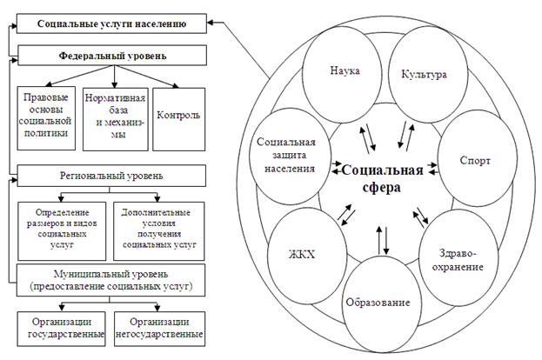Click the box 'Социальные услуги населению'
pos(110,20)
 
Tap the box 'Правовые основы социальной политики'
pos(48,113)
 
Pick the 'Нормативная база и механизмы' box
pos(116,113)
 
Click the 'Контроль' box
pos(177,114)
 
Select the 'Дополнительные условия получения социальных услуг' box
pos(158,228)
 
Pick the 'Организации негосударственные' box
pos(158,327)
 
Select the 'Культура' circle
pos(424,74)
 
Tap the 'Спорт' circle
pos(476,161)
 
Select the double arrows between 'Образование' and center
pos(384,237)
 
